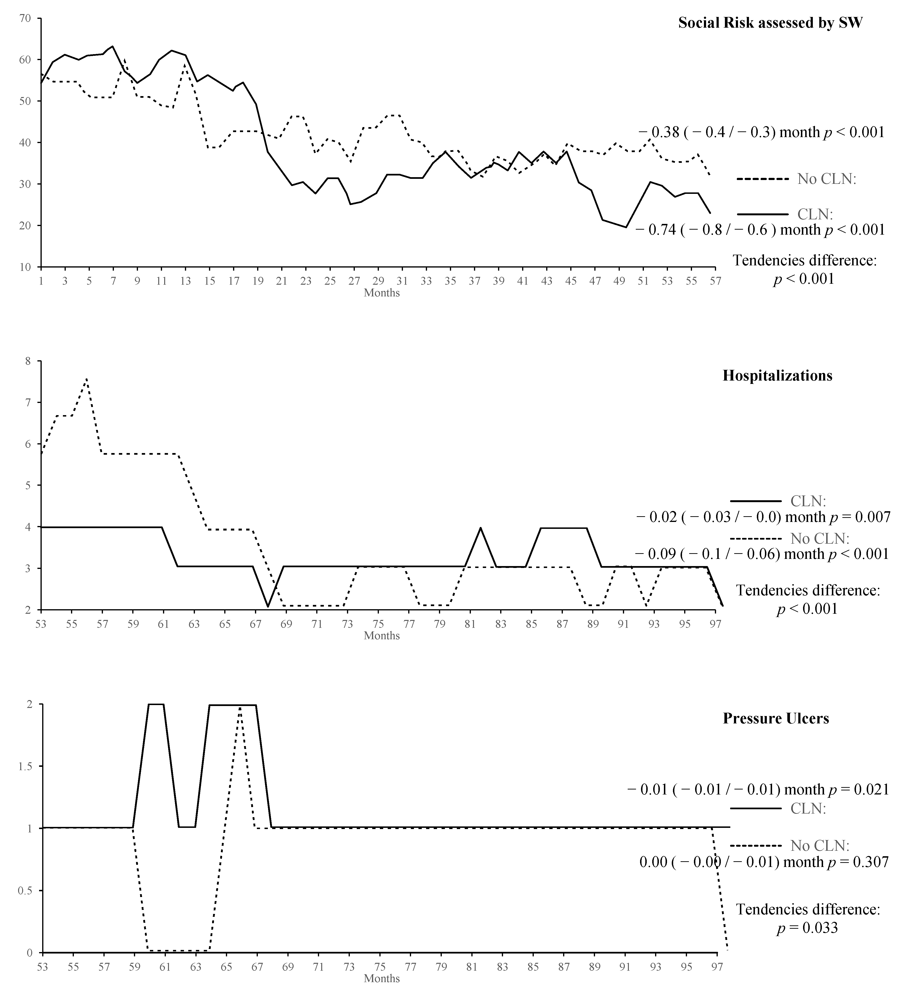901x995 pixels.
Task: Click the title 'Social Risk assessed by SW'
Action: click(770, 23)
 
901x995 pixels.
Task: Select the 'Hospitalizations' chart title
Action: click(777, 376)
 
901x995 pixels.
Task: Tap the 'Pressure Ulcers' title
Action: click(776, 718)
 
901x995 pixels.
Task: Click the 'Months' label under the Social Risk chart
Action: click(382, 293)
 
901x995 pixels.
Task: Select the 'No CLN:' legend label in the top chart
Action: click(827, 179)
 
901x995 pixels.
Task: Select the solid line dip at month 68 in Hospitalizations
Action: click(268, 607)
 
